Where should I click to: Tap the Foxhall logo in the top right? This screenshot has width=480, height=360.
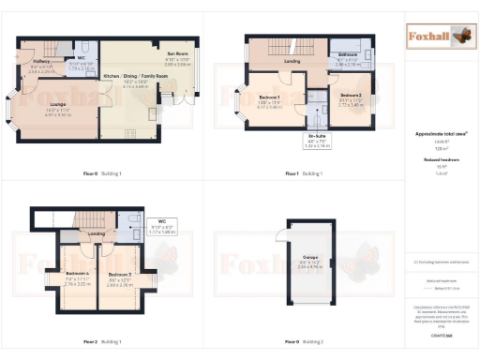tap(439, 37)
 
